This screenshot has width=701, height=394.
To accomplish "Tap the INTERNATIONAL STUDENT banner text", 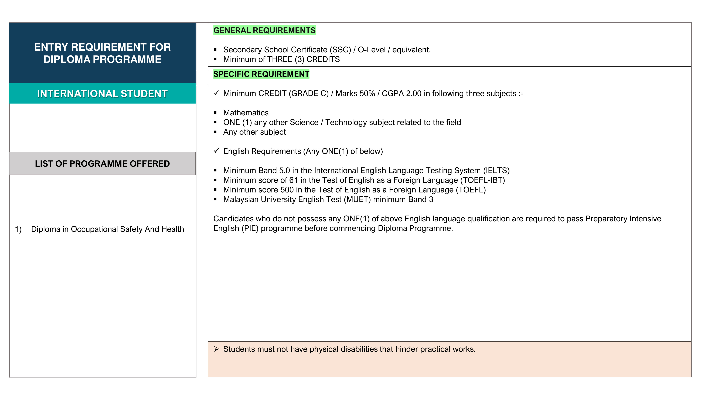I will [102, 94].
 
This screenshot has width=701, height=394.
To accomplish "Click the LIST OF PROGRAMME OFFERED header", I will [102, 164].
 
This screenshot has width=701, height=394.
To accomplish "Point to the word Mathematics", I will [246, 113].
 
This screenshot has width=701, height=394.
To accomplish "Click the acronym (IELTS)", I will [496, 171].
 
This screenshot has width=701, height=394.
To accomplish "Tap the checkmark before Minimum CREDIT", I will [216, 93].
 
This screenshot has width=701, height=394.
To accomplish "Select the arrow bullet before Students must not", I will [216, 349].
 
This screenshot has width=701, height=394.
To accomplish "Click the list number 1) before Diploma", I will [18, 229].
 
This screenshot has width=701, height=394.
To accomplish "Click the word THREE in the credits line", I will [280, 60].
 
